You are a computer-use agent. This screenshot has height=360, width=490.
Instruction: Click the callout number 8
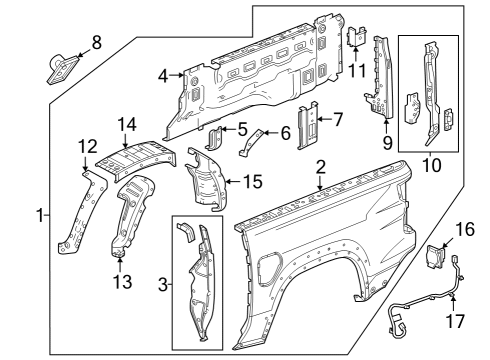[96, 42]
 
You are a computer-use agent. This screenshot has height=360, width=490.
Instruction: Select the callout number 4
[163, 75]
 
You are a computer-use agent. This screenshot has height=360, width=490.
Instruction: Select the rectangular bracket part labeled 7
[313, 126]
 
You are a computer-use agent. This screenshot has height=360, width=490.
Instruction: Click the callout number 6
[285, 132]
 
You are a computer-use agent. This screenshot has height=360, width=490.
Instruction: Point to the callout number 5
[241, 129]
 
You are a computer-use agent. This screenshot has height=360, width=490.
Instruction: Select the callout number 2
[321, 165]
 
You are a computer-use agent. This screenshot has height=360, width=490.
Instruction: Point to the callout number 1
[40, 215]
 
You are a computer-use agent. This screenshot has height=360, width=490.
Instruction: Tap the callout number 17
[455, 322]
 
